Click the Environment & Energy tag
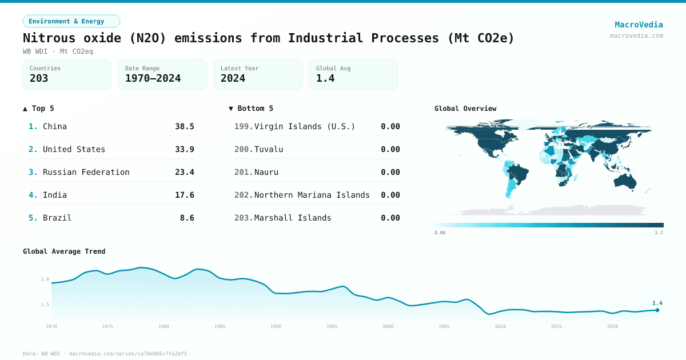coord(71,21)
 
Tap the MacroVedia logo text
coord(639,25)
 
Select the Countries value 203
coord(39,78)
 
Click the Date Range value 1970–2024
coord(153,78)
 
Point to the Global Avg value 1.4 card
coord(353,75)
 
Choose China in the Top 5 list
coord(55,126)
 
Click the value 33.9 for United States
coord(185,149)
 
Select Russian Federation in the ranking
coord(86,172)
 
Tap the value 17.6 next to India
coord(185,195)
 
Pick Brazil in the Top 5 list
coord(57,218)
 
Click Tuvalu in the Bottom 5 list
coord(269,149)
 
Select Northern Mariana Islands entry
coord(312,195)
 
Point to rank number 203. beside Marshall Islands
coord(243,218)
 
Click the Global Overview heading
coord(465,109)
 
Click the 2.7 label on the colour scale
coord(659,233)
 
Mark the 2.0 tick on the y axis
coord(45,279)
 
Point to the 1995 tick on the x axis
coord(332,326)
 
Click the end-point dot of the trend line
coord(657,310)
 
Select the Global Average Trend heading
coord(64,251)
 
